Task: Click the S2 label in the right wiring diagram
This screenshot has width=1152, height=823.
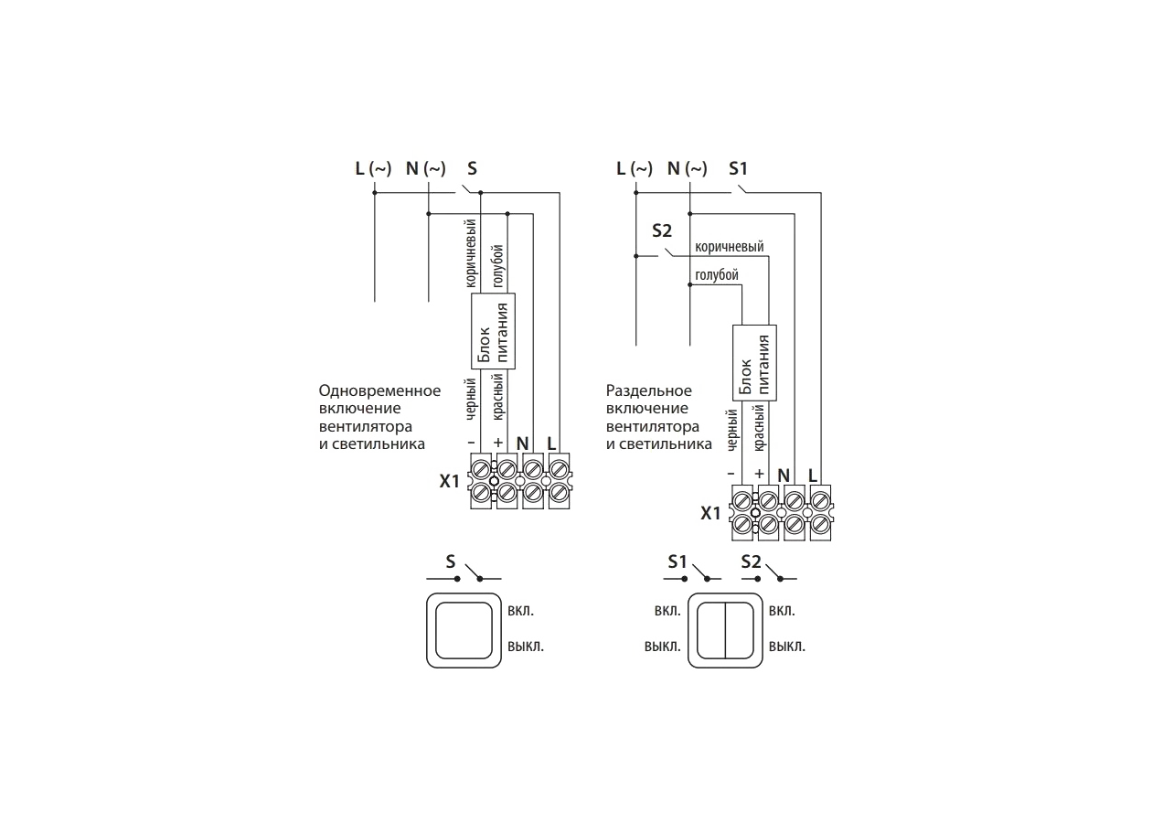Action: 662,231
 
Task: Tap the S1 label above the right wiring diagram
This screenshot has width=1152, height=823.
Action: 738,168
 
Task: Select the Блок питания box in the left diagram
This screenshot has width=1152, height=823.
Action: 493,331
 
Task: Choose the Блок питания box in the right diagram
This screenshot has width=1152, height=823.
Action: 754,363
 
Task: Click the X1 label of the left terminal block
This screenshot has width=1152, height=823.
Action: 449,481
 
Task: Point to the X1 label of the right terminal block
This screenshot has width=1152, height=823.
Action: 710,513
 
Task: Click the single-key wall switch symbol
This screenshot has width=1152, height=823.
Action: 464,630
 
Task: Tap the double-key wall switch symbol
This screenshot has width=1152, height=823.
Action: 725,630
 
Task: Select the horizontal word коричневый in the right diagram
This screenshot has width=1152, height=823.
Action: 730,247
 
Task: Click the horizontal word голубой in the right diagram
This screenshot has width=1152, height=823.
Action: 717,275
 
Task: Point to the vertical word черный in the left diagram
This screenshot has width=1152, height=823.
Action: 471,399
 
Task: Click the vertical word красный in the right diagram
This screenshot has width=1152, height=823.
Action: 759,428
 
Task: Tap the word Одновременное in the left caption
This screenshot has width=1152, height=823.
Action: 379,391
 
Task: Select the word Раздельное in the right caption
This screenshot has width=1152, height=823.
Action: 648,391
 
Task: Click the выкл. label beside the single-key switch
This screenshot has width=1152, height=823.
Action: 526,646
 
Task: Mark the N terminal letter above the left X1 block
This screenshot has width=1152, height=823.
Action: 523,444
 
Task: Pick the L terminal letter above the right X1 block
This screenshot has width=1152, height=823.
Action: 813,476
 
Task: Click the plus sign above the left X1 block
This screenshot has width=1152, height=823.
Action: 497,443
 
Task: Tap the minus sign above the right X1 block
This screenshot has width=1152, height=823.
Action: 731,474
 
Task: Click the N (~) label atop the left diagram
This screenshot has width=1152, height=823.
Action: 426,168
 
